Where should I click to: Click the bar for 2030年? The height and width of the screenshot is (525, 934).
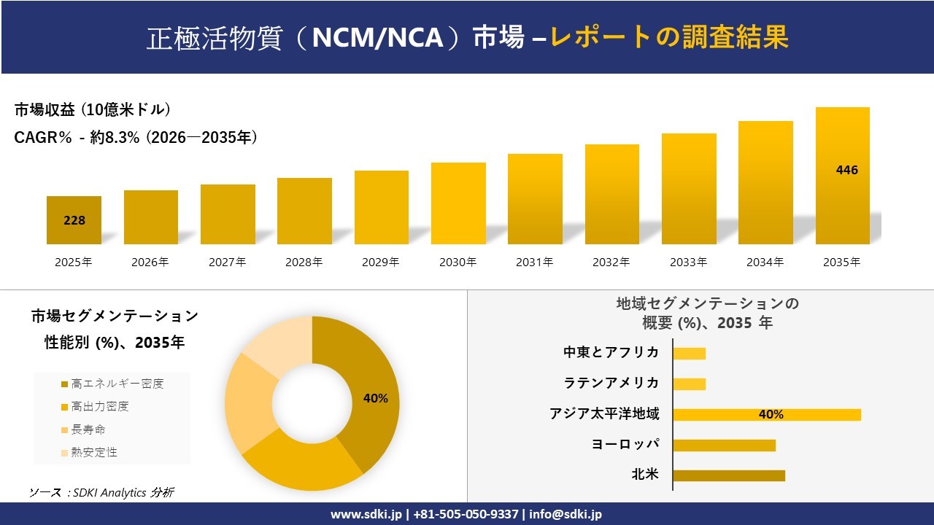coord(458,203)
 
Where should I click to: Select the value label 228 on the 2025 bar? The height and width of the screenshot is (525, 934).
coord(74,220)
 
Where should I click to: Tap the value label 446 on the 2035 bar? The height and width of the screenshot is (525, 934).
coord(846,170)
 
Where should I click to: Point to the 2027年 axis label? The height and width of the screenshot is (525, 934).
coord(227,262)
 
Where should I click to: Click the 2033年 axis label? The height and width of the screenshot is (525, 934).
coord(688,262)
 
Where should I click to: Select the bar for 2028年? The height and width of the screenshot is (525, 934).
coord(304,211)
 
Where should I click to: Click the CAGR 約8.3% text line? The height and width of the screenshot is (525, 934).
coord(136,138)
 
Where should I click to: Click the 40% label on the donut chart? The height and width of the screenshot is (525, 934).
coord(375,398)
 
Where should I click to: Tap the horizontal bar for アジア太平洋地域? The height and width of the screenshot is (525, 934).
coord(766,415)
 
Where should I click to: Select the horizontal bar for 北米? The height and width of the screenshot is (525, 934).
coord(728,475)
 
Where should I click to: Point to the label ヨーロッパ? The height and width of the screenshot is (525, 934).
coord(625,444)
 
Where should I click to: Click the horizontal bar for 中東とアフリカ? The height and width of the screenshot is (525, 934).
coord(689,354)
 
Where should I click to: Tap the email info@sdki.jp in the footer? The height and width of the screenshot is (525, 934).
coord(566,514)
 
